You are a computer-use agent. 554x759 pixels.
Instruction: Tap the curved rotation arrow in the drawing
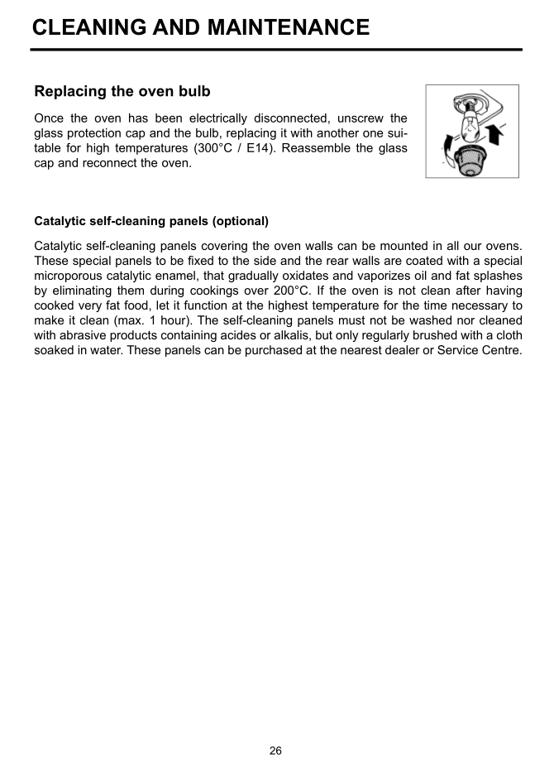pos(447,154)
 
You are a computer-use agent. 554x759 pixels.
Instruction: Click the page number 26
pos(276,751)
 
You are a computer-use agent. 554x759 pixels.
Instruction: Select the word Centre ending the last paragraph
pos(501,350)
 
